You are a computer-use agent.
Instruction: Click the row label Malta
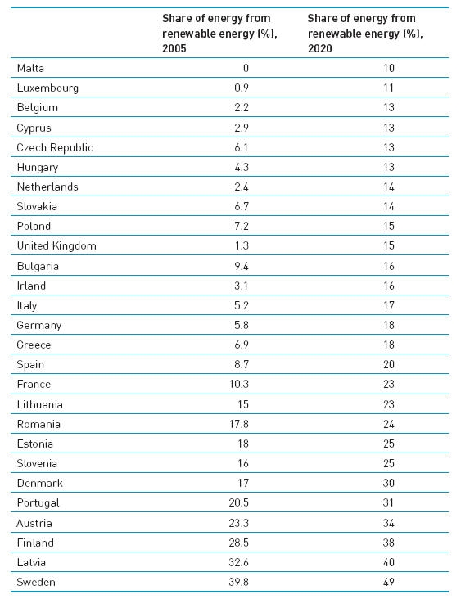(30, 68)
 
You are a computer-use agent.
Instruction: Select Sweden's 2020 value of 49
(389, 582)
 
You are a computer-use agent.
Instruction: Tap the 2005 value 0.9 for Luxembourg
(242, 88)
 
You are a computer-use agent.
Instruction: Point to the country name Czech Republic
(55, 147)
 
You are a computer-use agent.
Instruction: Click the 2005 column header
(219, 34)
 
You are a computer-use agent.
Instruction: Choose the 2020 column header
(365, 34)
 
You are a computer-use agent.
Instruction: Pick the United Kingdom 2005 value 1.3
(242, 245)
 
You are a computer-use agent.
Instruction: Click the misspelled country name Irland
(31, 286)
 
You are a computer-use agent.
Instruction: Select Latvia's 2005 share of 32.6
(239, 562)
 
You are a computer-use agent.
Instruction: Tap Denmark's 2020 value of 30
(389, 483)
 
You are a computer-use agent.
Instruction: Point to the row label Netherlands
(47, 187)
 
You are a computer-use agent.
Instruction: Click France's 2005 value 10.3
(239, 384)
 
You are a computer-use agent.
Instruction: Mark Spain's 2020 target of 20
(389, 364)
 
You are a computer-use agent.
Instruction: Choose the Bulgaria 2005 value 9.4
(242, 266)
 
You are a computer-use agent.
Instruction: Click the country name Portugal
(38, 502)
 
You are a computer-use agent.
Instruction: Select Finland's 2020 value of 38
(389, 543)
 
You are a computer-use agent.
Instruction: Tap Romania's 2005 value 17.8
(239, 424)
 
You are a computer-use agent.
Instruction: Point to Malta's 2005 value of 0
(246, 68)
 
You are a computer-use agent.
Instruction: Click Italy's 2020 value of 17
(389, 305)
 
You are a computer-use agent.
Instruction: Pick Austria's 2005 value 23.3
(239, 523)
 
